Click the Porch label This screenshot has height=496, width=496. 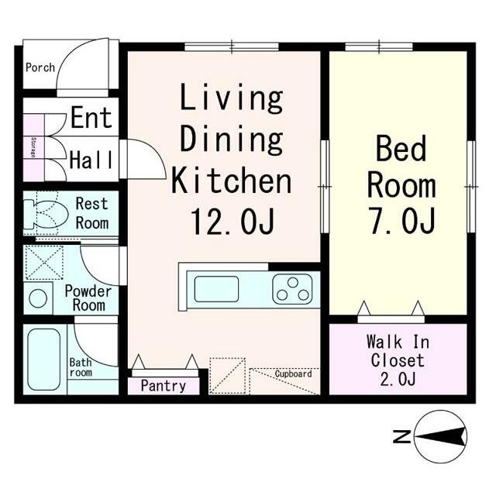[40, 67]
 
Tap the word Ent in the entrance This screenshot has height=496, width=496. [91, 117]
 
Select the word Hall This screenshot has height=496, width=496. [91, 160]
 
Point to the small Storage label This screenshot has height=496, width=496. [33, 147]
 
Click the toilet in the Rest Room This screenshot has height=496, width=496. [46, 214]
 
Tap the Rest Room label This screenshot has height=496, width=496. [92, 214]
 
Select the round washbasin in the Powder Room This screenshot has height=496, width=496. [38, 298]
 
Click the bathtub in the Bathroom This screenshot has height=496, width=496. [43, 359]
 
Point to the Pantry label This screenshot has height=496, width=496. [164, 386]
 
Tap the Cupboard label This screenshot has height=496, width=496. [293, 374]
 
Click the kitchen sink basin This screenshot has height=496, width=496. [216, 289]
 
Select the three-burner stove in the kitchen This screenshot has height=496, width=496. [293, 289]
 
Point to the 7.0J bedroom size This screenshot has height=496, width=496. [402, 220]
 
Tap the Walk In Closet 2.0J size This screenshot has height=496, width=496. [398, 380]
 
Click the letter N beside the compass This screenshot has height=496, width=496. [401, 436]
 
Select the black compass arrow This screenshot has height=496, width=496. [440, 436]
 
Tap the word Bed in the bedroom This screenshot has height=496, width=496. [401, 149]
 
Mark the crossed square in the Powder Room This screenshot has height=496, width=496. [44, 263]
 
